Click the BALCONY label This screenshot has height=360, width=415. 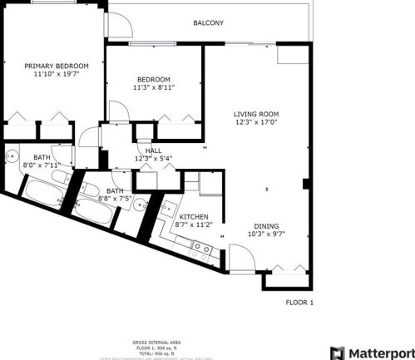click(x=208, y=23)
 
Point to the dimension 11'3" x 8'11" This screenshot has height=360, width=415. click(x=154, y=87)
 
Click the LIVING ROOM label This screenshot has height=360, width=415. click(x=255, y=114)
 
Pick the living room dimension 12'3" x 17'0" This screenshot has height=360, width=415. click(x=255, y=123)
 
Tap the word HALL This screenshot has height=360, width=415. click(x=154, y=150)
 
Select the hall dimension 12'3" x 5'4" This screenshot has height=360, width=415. click(x=154, y=159)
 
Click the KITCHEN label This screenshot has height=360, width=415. click(x=193, y=215)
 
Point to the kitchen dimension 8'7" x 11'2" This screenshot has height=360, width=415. click(x=193, y=224)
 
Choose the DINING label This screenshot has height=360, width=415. click(x=266, y=225)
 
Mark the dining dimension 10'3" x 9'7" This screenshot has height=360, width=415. click(x=266, y=234)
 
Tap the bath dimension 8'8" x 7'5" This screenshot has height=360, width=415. click(x=115, y=200)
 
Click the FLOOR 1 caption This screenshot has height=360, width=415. click(x=299, y=303)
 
